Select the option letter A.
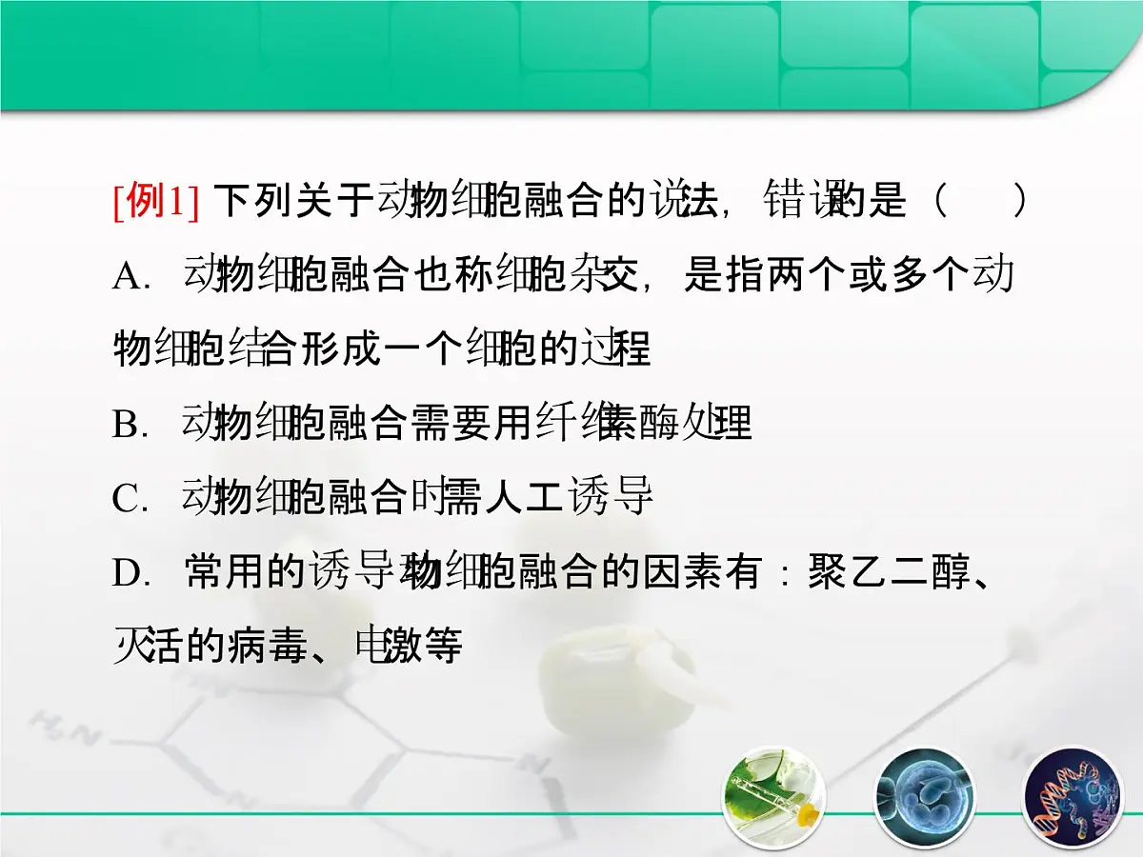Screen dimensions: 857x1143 126,277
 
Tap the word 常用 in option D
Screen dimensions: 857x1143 224,572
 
